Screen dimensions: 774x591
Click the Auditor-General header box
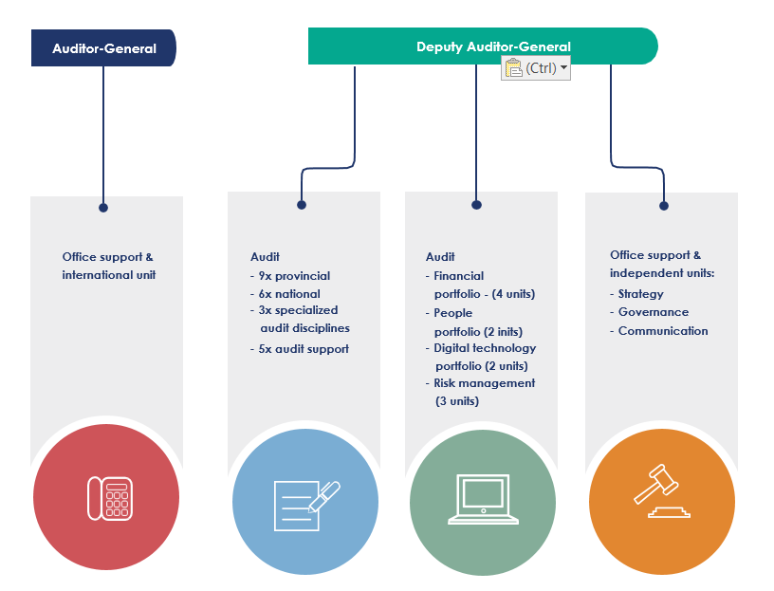click(x=103, y=47)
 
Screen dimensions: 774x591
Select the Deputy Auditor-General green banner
click(x=483, y=46)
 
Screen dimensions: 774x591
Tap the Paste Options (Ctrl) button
click(x=536, y=67)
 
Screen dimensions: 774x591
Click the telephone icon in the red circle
click(x=110, y=498)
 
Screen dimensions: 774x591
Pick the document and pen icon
click(x=306, y=505)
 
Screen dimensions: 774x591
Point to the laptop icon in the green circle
click(x=483, y=499)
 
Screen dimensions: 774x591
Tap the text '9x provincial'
click(x=294, y=275)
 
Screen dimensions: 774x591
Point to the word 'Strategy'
click(x=640, y=294)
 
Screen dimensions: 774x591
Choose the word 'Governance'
click(x=654, y=312)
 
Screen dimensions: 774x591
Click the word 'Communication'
click(x=663, y=331)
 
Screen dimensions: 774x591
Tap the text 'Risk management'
click(x=485, y=383)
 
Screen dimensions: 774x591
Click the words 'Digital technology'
click(x=485, y=348)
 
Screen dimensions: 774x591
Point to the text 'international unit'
click(x=108, y=275)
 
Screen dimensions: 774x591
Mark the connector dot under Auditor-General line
click(x=103, y=208)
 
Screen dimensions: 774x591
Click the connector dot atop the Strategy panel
click(x=664, y=206)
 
